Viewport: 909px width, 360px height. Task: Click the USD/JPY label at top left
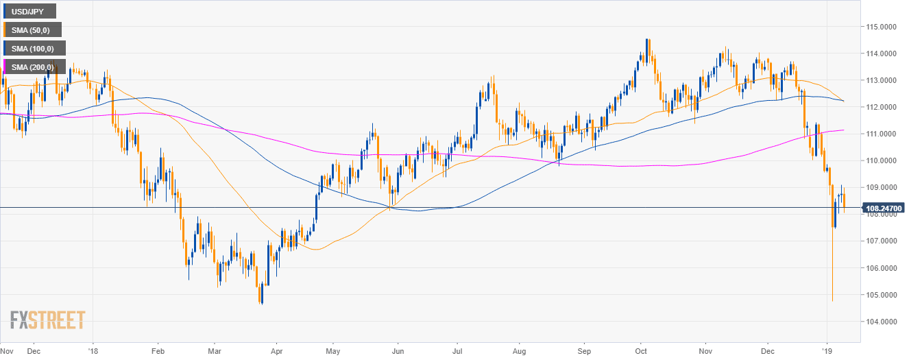coord(30,11)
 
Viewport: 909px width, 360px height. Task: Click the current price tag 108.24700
coord(884,207)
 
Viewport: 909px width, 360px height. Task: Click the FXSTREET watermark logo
coord(48,320)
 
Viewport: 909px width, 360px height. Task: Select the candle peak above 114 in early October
coord(646,40)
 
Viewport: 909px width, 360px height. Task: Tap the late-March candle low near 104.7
coord(261,303)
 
